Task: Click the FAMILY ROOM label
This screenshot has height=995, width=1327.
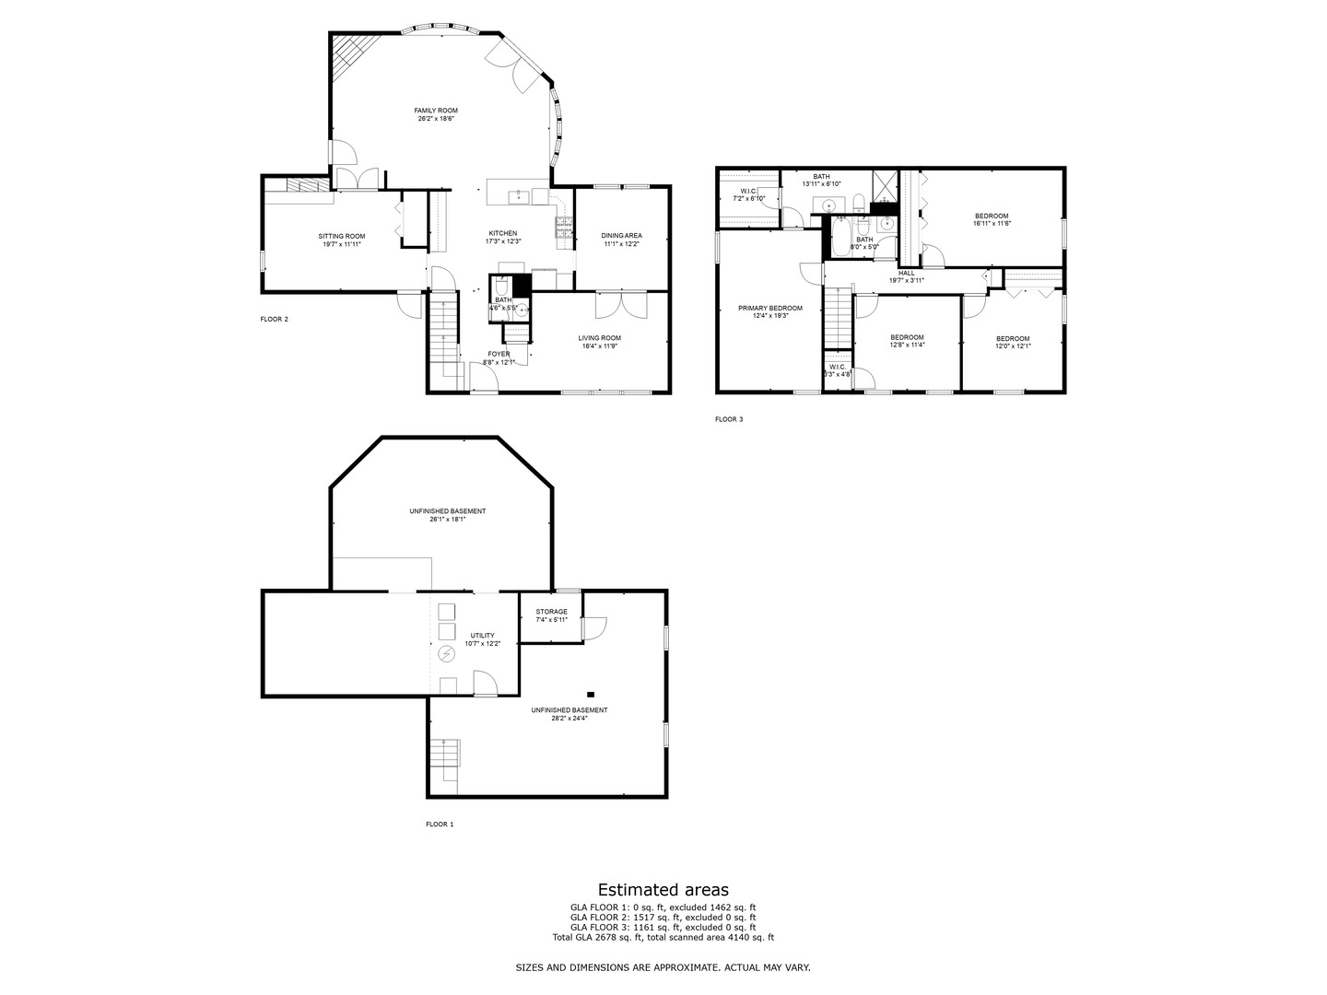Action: (x=436, y=111)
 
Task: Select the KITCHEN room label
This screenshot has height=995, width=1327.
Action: (x=503, y=233)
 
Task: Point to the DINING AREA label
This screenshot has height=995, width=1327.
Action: (x=622, y=236)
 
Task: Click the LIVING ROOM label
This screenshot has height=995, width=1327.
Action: (x=600, y=338)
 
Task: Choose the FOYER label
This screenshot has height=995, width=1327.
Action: (x=499, y=354)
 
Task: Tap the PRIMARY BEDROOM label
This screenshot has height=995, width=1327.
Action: (x=770, y=309)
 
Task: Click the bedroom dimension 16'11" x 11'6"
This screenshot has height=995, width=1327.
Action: (x=992, y=224)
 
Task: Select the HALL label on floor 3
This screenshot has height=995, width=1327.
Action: (x=907, y=273)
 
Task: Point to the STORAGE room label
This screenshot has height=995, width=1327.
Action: (x=552, y=612)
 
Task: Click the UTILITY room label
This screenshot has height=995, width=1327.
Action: (x=482, y=636)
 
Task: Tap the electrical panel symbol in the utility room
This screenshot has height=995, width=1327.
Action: (x=447, y=654)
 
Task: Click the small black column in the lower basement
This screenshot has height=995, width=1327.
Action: (x=591, y=694)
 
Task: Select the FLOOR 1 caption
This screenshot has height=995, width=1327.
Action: (x=439, y=825)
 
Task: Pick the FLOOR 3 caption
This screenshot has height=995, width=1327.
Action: (x=728, y=419)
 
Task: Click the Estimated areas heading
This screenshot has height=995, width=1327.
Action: (x=663, y=889)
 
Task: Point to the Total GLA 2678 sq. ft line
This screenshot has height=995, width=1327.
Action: (x=663, y=937)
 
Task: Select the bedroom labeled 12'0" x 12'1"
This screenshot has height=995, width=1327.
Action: (x=1012, y=339)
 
